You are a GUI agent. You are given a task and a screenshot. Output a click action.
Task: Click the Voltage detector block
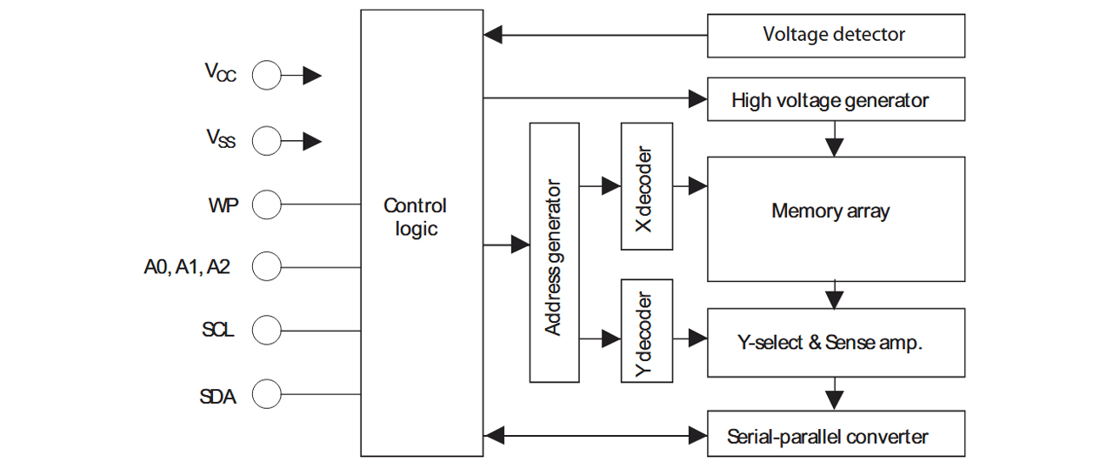(x=836, y=36)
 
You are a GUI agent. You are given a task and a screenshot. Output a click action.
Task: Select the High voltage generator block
(x=836, y=99)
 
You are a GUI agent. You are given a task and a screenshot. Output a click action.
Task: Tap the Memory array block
(x=836, y=219)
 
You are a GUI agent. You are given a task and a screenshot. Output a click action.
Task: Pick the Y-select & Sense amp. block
(x=836, y=343)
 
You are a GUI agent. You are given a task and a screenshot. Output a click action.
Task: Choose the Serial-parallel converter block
(x=836, y=433)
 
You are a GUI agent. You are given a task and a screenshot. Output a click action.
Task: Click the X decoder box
(x=646, y=186)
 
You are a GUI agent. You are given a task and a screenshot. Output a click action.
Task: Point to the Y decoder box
(x=646, y=331)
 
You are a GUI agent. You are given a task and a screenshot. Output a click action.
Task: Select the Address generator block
(x=554, y=252)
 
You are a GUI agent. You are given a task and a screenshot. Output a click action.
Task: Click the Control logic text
(x=416, y=218)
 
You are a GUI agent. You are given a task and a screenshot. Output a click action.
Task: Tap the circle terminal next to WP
(x=267, y=204)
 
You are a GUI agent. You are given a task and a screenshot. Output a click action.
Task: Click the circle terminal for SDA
(x=267, y=394)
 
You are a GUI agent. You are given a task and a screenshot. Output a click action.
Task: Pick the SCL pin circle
(x=267, y=331)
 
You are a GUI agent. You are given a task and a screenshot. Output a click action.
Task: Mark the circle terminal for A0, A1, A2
(x=267, y=266)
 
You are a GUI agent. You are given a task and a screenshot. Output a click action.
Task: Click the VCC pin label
(x=220, y=72)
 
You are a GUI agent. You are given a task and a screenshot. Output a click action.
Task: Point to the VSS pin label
(x=221, y=138)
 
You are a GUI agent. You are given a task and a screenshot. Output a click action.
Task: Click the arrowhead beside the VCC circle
(x=312, y=76)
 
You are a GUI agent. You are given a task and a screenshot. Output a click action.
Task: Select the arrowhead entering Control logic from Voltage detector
(x=493, y=36)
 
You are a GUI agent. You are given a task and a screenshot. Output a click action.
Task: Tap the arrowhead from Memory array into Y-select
(x=834, y=300)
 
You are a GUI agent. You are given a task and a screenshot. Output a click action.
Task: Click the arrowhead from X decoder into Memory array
(x=698, y=186)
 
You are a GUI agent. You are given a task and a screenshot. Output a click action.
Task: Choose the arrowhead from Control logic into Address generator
(x=520, y=245)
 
